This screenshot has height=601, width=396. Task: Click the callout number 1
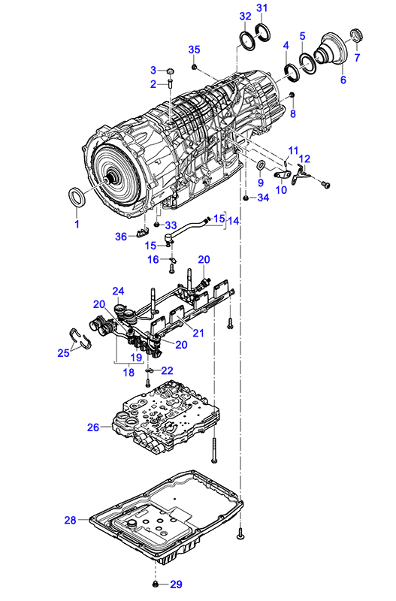[77, 224]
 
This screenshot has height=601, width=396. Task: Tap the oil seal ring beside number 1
[77, 198]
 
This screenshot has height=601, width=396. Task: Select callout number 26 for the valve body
[93, 427]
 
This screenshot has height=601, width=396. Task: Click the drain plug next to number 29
[156, 584]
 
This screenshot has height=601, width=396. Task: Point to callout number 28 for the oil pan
[70, 520]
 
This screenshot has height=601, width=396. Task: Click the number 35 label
[195, 50]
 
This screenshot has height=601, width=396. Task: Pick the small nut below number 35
[195, 68]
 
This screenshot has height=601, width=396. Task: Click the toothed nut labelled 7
[357, 36]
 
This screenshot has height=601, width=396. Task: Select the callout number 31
[261, 8]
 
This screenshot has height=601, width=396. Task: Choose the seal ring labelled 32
[247, 40]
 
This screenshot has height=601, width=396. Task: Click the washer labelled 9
[260, 165]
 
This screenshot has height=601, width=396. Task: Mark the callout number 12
[304, 159]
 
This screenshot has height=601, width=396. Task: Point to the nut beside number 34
[246, 198]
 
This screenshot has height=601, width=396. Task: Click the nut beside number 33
[157, 224]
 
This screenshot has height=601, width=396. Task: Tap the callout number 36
[121, 237]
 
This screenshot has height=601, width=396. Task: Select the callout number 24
[118, 291]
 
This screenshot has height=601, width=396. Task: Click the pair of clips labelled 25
[80, 337]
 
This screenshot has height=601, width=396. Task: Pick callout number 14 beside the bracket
[234, 221]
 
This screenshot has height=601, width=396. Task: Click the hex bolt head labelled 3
[171, 71]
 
